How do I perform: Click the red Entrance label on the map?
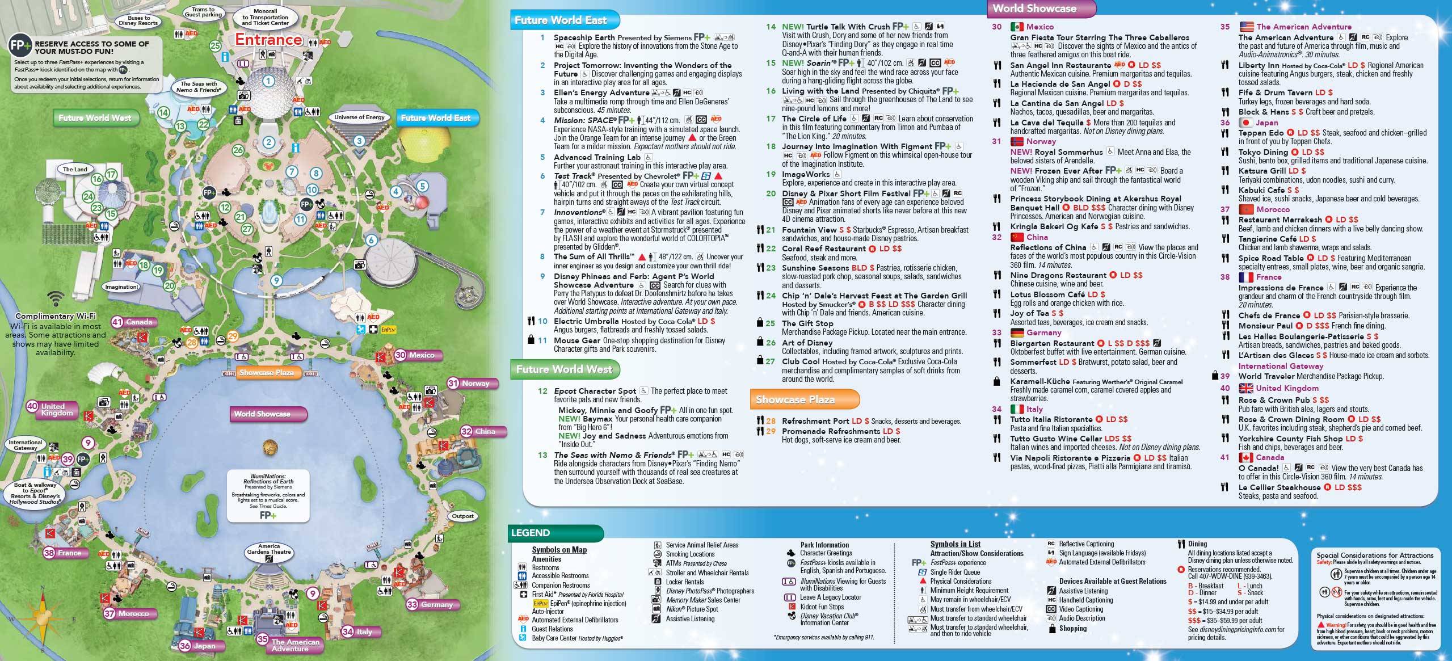tap(268, 39)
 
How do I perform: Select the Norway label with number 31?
tap(475, 384)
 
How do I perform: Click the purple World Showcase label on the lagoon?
tap(262, 414)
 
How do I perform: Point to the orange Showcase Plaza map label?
tap(266, 373)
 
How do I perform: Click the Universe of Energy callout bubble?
tap(359, 117)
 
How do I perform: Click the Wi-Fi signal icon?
tap(55, 298)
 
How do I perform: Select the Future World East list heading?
tap(561, 20)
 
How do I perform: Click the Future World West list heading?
tap(564, 369)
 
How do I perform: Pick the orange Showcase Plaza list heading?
tap(795, 399)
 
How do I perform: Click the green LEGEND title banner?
tap(531, 533)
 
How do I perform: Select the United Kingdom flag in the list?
tap(1245, 388)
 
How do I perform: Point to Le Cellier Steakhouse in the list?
tap(1279, 487)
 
